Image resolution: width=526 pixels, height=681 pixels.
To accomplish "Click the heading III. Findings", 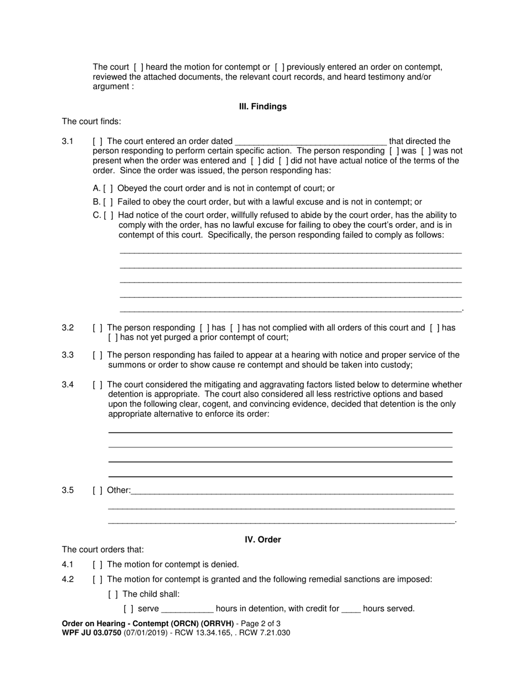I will [x=262, y=106].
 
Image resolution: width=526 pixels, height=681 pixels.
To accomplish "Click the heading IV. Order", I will [x=262, y=539].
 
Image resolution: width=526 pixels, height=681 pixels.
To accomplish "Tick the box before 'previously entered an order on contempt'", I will [x=280, y=67].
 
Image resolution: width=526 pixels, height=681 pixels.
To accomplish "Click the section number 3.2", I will [x=68, y=328].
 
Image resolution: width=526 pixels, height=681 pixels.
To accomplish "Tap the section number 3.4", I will [x=68, y=385].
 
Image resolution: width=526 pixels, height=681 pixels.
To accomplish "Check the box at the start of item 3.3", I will [x=97, y=355].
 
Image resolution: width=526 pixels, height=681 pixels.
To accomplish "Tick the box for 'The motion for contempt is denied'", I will [x=97, y=565].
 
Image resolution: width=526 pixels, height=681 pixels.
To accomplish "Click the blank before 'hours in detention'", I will [x=187, y=609].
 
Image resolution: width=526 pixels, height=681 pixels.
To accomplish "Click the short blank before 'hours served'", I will [x=351, y=609].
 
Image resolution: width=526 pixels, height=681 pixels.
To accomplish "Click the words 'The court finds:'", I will [x=91, y=122].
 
